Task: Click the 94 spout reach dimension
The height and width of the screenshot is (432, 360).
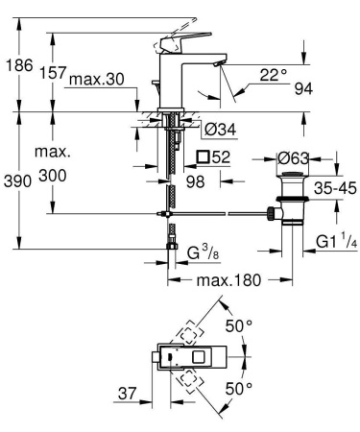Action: coord(303,89)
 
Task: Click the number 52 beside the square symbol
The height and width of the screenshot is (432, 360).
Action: coord(221,156)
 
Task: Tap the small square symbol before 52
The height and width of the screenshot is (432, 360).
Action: coord(202,156)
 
